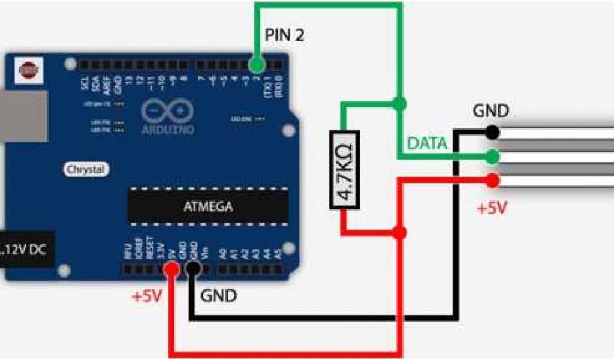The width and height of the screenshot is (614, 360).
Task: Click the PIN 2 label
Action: [x=284, y=35]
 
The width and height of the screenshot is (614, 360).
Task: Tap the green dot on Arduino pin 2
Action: [x=257, y=64]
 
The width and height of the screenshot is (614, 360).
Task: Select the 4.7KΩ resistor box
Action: [x=344, y=170]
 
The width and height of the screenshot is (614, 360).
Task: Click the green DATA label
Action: [x=427, y=143]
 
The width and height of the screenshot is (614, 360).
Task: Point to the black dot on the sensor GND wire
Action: [x=492, y=131]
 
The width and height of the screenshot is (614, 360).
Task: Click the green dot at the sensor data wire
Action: [x=492, y=157]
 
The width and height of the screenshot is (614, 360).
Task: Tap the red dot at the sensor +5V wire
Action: [x=492, y=179]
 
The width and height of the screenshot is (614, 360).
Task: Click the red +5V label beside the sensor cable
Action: [x=492, y=209]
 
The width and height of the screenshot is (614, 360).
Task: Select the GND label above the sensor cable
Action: [x=490, y=111]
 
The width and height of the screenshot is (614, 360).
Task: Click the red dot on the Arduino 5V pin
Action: [x=172, y=270]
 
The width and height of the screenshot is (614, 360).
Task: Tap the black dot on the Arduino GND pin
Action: [x=192, y=270]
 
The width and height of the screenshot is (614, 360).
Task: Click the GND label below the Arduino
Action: [x=219, y=295]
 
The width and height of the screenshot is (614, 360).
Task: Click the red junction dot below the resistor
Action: [x=401, y=232]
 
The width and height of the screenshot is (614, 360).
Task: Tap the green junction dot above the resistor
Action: [x=401, y=103]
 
